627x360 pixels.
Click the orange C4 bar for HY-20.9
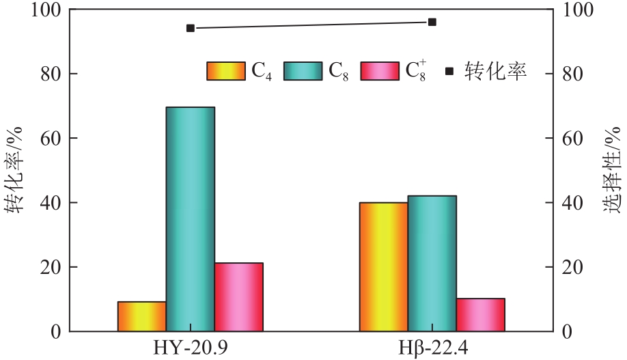[142, 316]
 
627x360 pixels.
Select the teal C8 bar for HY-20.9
[191, 219]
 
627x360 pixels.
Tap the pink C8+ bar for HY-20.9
[238, 297]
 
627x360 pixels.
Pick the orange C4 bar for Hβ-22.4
[384, 267]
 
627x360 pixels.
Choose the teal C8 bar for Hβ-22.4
[432, 264]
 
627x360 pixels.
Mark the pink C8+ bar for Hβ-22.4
[480, 315]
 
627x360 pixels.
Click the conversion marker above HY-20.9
[191, 28]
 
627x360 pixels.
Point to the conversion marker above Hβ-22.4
[432, 22]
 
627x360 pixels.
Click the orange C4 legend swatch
[226, 70]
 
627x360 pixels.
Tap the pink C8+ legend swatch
[380, 70]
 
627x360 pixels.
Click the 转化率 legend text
[496, 71]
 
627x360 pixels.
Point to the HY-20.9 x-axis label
[191, 348]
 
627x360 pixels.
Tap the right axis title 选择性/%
[613, 171]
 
